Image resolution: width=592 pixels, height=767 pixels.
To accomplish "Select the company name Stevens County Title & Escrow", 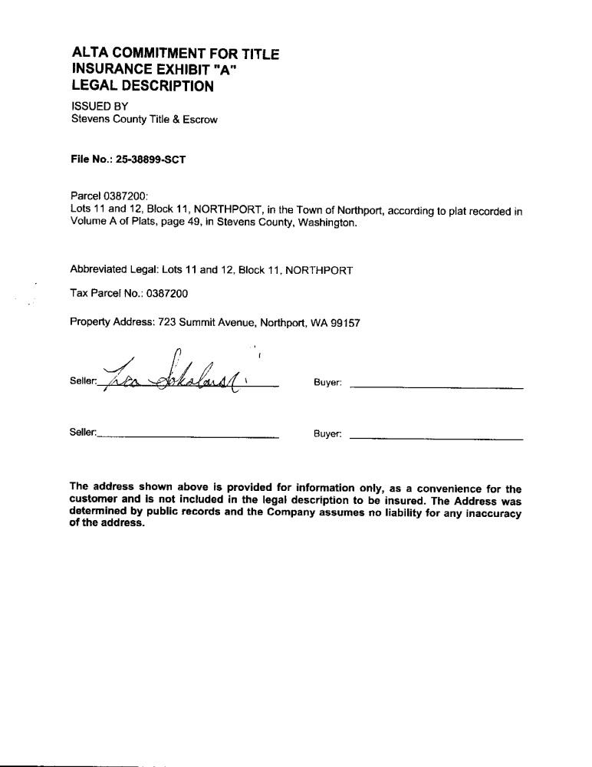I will click(x=144, y=119).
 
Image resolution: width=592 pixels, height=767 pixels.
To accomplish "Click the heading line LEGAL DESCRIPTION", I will click(x=142, y=87).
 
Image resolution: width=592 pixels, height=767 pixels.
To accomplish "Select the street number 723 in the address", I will click(x=168, y=323).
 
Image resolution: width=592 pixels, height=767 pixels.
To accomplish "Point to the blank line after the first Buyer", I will click(x=436, y=390).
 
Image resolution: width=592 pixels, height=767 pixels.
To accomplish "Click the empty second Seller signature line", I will click(x=188, y=436).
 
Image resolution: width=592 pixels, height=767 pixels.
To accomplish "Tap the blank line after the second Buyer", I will click(x=436, y=438).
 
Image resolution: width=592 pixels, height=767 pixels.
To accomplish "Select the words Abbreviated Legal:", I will click(x=114, y=270).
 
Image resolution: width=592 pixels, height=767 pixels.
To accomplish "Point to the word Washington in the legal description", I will click(x=329, y=223).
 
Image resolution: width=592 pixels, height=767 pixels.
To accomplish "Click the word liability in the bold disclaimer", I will click(x=392, y=512).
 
